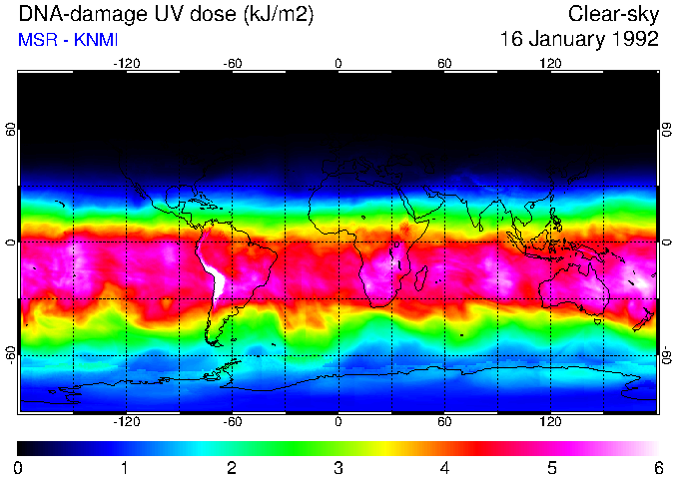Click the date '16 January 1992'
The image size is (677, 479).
pyautogui.click(x=579, y=40)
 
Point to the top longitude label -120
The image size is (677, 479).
pyautogui.click(x=126, y=64)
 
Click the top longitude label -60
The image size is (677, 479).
pyautogui.click(x=233, y=64)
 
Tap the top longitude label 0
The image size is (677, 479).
pyautogui.click(x=338, y=64)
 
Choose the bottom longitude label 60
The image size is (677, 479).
pyautogui.click(x=444, y=422)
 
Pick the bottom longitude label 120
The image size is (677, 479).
pyautogui.click(x=550, y=422)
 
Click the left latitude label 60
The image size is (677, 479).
pyautogui.click(x=11, y=130)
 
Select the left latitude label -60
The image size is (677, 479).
pyautogui.click(x=11, y=353)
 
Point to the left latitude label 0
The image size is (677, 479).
pyautogui.click(x=11, y=241)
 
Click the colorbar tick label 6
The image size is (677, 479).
pyautogui.click(x=658, y=467)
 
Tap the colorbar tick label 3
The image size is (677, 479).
pyautogui.click(x=338, y=467)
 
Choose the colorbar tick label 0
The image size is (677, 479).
pyautogui.click(x=19, y=467)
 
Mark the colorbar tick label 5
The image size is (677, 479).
pyautogui.click(x=551, y=467)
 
